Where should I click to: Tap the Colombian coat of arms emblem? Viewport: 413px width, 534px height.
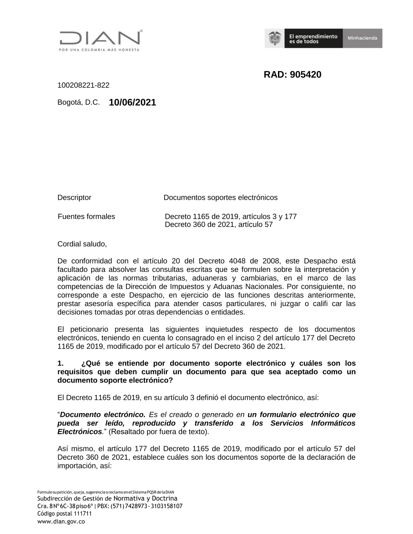pyautogui.click(x=274, y=38)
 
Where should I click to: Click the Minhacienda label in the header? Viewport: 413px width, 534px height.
pyautogui.click(x=362, y=38)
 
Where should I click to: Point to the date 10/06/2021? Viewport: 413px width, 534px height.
pyautogui.click(x=133, y=102)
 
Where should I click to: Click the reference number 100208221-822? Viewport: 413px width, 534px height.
pyautogui.click(x=83, y=85)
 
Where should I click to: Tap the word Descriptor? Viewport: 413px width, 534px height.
pyautogui.click(x=74, y=198)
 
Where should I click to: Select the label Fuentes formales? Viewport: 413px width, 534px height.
pyautogui.click(x=86, y=217)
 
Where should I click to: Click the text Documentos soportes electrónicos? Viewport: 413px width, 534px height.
pyautogui.click(x=221, y=198)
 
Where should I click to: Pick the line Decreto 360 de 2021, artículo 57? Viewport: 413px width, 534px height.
pyautogui.click(x=218, y=225)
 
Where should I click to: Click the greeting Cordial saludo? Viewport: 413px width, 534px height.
pyautogui.click(x=82, y=244)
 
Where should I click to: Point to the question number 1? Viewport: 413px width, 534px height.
pyautogui.click(x=60, y=364)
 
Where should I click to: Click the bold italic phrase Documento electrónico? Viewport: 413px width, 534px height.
pyautogui.click(x=103, y=415)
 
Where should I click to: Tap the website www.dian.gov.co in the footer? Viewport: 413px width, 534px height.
pyautogui.click(x=61, y=522)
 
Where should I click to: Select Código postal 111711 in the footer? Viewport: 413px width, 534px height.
pyautogui.click(x=64, y=514)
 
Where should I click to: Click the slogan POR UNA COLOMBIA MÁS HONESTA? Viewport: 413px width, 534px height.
pyautogui.click(x=99, y=50)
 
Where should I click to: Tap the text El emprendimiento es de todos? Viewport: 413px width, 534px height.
pyautogui.click(x=313, y=39)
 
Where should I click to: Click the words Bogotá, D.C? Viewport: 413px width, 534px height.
pyautogui.click(x=78, y=102)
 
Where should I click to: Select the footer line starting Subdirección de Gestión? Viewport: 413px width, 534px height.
pyautogui.click(x=107, y=499)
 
